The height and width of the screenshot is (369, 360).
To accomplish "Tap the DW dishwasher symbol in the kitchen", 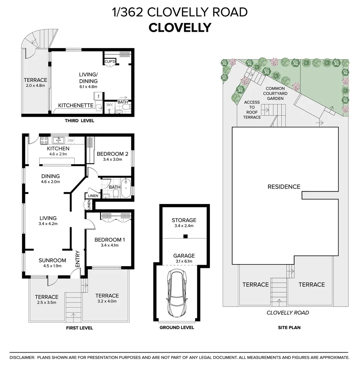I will point(71,140).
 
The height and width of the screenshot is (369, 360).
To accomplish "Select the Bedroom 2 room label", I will point(112,154).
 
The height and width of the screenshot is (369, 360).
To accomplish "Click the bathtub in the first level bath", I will point(126,188).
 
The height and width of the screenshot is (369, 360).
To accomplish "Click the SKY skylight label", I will point(109,105).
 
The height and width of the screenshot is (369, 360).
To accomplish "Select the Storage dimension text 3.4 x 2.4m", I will point(184,226).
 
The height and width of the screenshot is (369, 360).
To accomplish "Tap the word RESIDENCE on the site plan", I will point(284,187).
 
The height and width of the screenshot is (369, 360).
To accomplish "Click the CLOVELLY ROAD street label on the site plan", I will point(288,313).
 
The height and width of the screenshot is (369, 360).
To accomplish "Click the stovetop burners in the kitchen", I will point(44,140).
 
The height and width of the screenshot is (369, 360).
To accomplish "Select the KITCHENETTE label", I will point(76,106).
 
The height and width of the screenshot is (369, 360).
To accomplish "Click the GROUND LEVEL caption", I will point(177,328).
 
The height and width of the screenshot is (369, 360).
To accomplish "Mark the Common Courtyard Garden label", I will point(275,93).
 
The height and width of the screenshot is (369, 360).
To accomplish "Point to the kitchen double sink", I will point(59,140).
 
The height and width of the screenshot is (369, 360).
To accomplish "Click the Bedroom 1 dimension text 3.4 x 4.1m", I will point(109,245).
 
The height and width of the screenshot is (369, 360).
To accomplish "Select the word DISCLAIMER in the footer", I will point(22,357).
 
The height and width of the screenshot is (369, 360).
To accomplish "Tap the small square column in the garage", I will point(185,236).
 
